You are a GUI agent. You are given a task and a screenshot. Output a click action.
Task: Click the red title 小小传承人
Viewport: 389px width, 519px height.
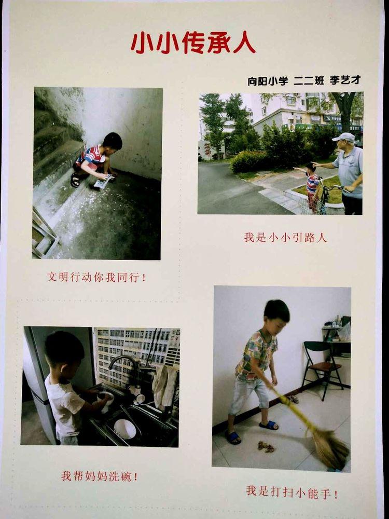pyautogui.click(x=193, y=43)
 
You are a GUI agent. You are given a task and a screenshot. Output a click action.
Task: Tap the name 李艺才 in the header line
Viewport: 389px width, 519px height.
pyautogui.click(x=345, y=80)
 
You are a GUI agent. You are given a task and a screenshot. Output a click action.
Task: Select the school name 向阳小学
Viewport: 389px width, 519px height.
pyautogui.click(x=268, y=81)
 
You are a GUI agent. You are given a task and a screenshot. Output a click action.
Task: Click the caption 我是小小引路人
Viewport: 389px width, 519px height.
pyautogui.click(x=285, y=237)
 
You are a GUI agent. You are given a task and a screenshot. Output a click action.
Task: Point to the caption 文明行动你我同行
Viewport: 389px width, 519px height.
pyautogui.click(x=96, y=277)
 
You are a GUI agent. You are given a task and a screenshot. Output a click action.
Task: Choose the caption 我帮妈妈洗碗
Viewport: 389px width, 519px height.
pyautogui.click(x=99, y=476)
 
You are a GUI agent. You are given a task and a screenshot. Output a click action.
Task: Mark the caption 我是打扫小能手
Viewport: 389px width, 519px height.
pyautogui.click(x=291, y=493)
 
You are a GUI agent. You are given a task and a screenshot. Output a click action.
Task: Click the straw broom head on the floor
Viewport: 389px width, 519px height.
pyautogui.click(x=331, y=448)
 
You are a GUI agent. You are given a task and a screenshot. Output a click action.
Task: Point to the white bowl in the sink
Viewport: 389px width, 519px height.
pyautogui.click(x=124, y=429)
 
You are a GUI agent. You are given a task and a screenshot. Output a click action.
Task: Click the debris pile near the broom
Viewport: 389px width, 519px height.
pyautogui.click(x=266, y=447)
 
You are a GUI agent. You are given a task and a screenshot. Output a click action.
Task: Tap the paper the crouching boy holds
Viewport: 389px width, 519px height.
pyautogui.click(x=104, y=181)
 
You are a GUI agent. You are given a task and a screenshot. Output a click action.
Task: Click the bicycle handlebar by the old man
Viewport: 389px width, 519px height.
pyautogui.click(x=335, y=188)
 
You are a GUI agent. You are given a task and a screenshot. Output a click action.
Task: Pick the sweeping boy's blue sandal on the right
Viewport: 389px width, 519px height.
pyautogui.click(x=269, y=426)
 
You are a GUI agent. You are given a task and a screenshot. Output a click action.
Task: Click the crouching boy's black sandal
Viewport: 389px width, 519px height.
pyautogui.click(x=75, y=180)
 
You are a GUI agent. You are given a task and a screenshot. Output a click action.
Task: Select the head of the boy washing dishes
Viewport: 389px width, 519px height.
pyautogui.click(x=64, y=352)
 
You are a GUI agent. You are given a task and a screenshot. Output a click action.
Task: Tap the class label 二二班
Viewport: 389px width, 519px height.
pyautogui.click(x=309, y=81)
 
